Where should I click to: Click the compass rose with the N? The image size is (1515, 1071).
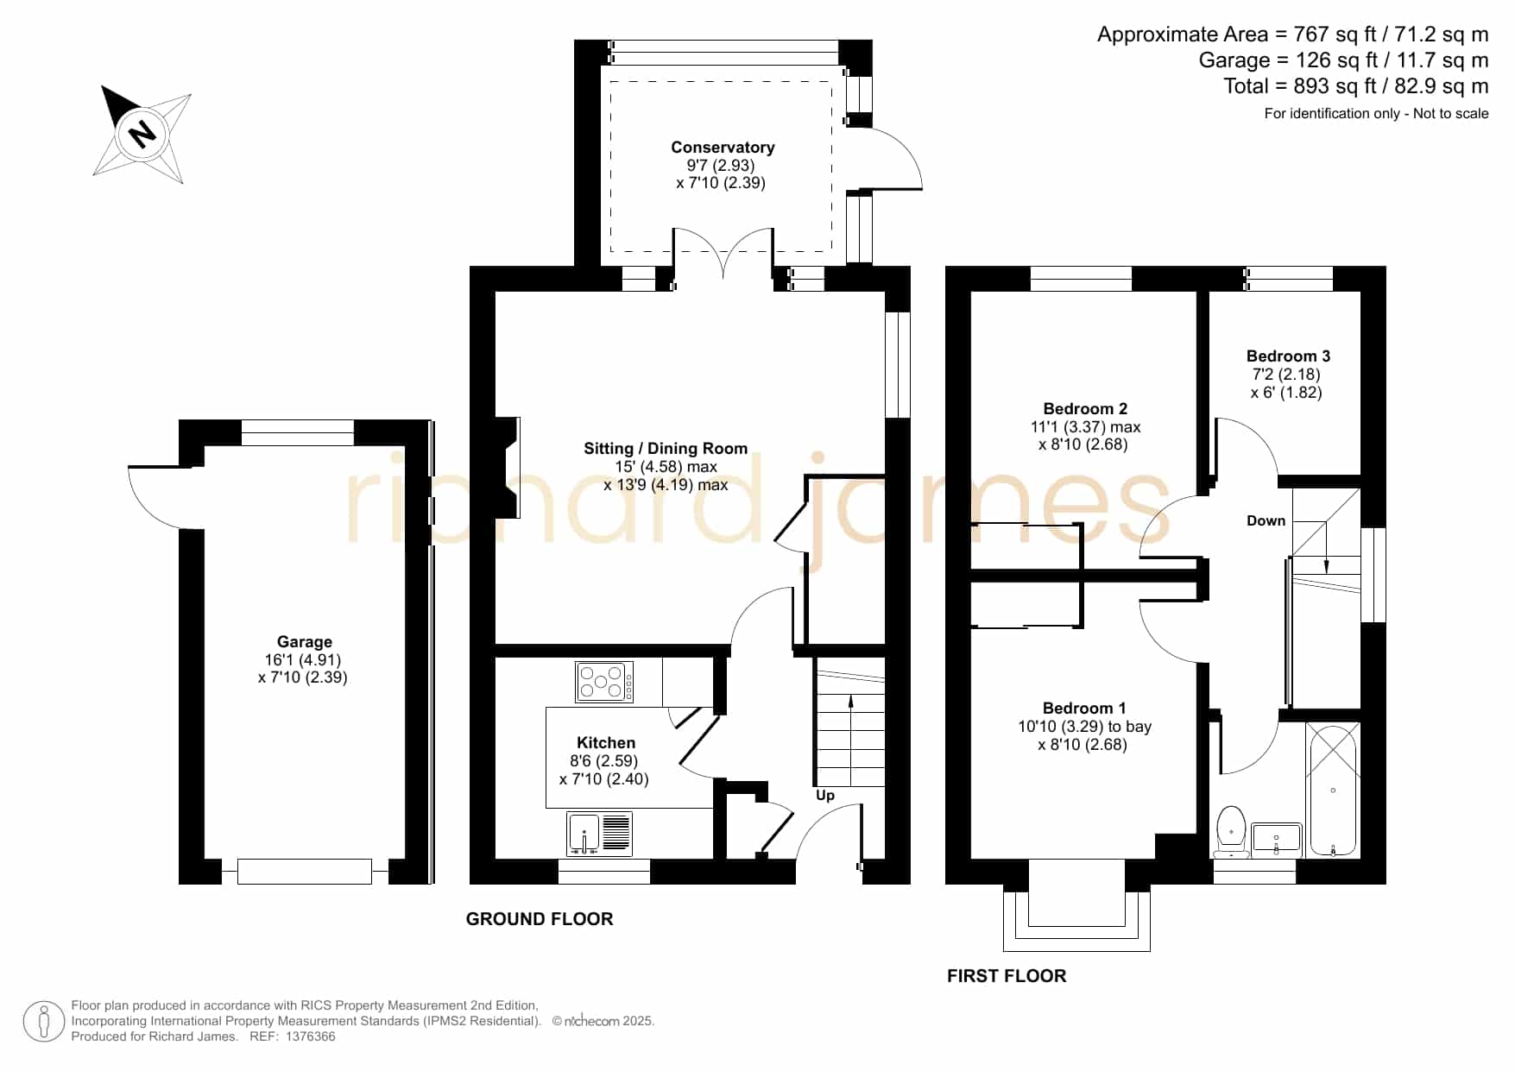[x=142, y=134]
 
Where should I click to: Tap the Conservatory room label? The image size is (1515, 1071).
[x=723, y=148]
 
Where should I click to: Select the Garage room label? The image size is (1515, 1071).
[x=304, y=642]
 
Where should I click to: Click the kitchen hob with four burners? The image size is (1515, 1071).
[x=604, y=682]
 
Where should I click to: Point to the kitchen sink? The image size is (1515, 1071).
[x=600, y=834]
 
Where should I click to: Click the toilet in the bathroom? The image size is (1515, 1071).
[x=1231, y=832]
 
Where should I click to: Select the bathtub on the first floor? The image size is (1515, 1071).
[x=1333, y=790]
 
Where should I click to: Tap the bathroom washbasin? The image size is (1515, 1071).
[x=1276, y=840]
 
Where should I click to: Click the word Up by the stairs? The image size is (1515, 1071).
[x=825, y=795]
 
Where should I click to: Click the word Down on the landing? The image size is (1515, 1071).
[x=1266, y=520]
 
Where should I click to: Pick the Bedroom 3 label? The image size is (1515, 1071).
[x=1288, y=356]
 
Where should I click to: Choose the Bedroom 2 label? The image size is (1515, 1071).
[x=1085, y=409]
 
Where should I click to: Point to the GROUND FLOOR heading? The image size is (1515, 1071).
[x=540, y=919]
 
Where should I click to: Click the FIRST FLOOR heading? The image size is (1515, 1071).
[x=1007, y=976]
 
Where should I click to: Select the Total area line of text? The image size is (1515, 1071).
[x=1356, y=86]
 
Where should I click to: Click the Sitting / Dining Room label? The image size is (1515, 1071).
[x=666, y=449]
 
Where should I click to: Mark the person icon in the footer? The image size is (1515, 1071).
[x=44, y=1022]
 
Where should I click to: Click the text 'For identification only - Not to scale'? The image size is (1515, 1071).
[x=1377, y=113]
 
